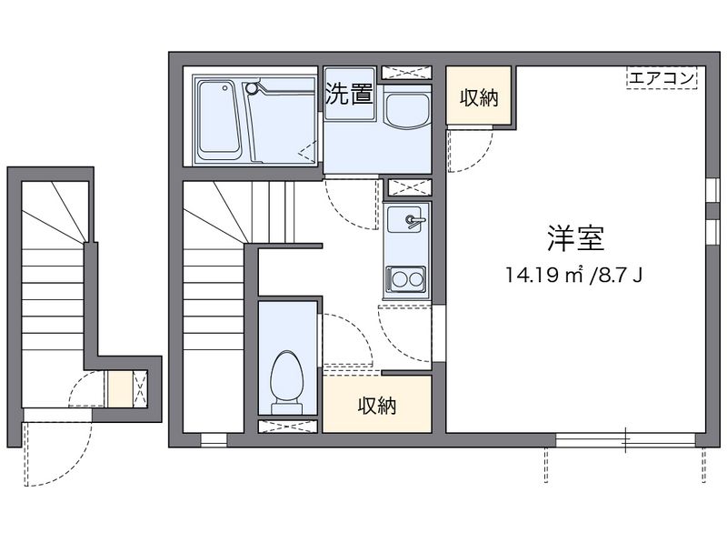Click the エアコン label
tap(662, 77)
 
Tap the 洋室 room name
tap(576, 238)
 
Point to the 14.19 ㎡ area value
tap(544, 276)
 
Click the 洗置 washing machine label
tap(349, 94)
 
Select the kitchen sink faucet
tap(413, 220)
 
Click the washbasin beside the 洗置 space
tap(407, 111)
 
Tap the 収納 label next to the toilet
tap(377, 406)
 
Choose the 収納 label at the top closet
tap(479, 98)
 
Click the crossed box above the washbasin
tap(406, 73)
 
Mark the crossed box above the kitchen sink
tap(410, 187)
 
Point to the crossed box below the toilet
tap(287, 427)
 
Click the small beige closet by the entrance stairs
tap(120, 388)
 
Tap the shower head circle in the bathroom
tap(251, 87)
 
